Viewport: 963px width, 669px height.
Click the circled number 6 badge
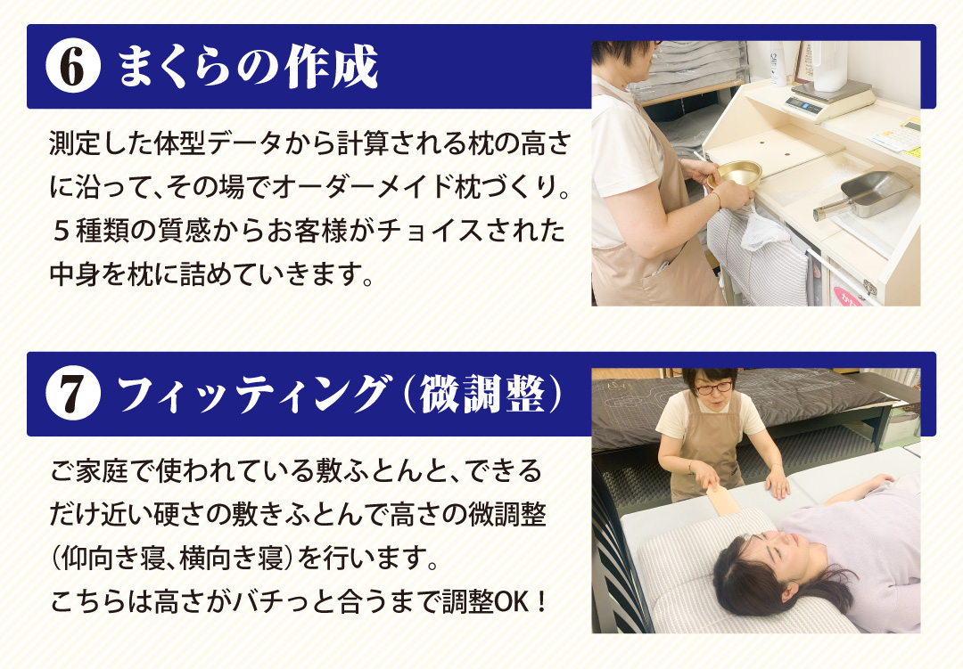(73, 66)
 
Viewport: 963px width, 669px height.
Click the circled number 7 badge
(73, 394)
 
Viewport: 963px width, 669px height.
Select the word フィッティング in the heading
(253, 394)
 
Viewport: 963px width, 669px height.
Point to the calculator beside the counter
(897, 136)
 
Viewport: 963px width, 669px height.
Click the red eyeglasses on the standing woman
(713, 388)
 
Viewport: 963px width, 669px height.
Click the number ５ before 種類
(61, 231)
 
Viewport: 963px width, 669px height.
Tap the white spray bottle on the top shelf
(777, 62)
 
